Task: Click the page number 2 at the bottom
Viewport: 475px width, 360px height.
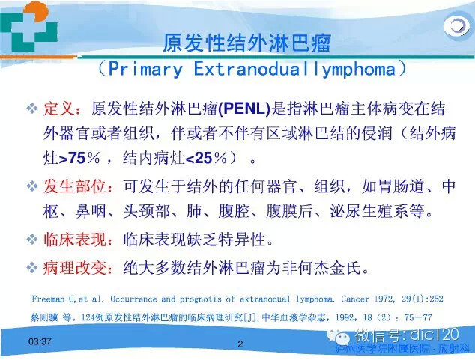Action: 240,344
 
